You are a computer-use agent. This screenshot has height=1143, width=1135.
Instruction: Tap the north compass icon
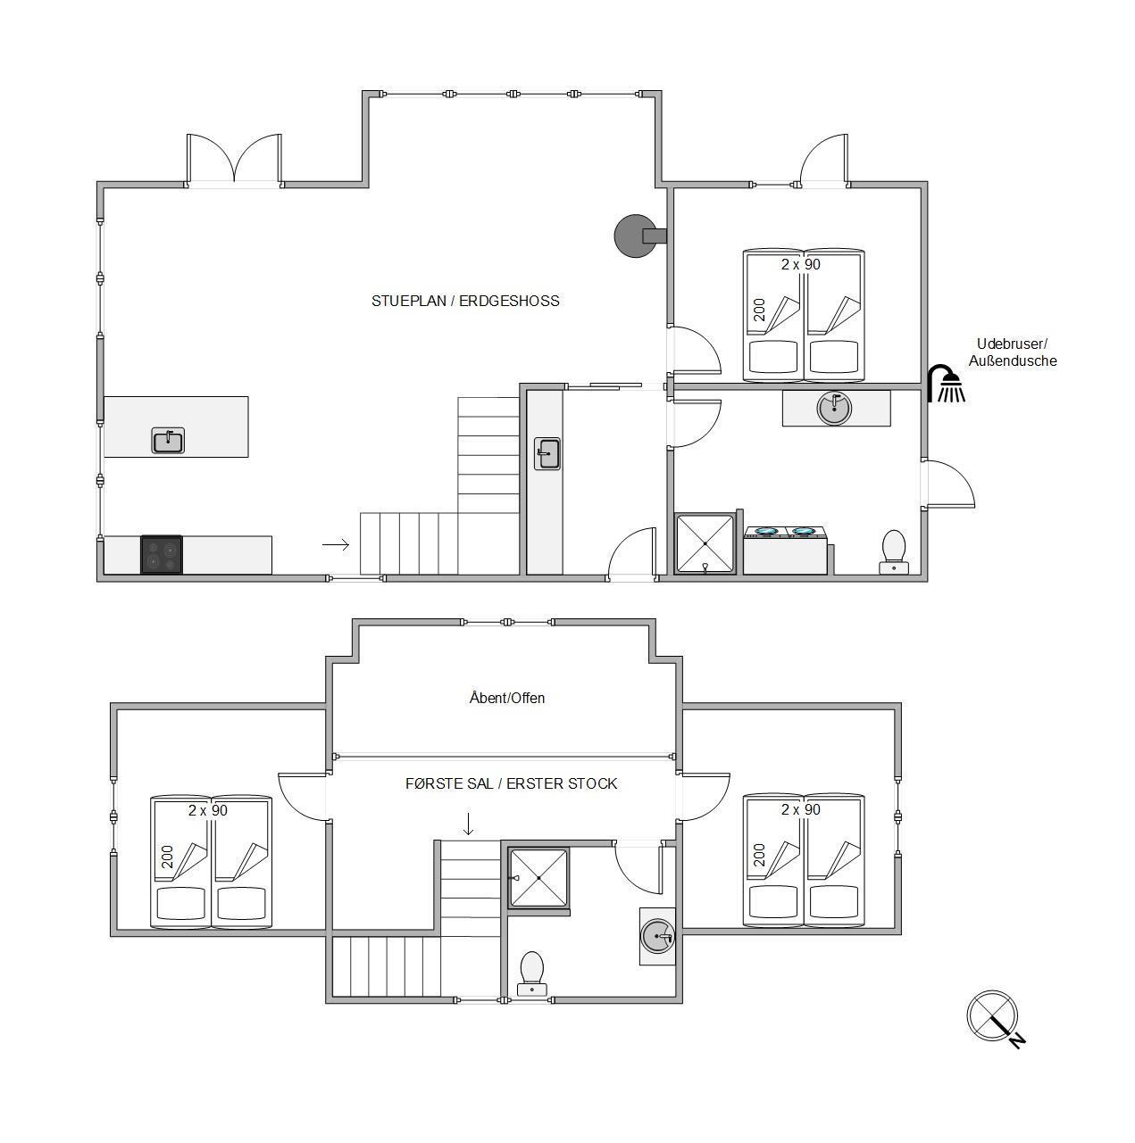pyautogui.click(x=994, y=1018)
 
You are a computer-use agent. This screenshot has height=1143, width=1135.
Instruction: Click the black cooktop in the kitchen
pyautogui.click(x=161, y=555)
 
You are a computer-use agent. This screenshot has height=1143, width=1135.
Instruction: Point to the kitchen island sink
pyautogui.click(x=168, y=441)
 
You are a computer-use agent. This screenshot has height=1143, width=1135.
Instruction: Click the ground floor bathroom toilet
pyautogui.click(x=893, y=552)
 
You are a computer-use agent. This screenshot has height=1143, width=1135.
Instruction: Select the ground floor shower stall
pyautogui.click(x=705, y=543)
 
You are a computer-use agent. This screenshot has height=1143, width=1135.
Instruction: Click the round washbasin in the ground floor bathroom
pyautogui.click(x=834, y=408)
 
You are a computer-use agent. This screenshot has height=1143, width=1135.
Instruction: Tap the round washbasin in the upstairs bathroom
pyautogui.click(x=657, y=937)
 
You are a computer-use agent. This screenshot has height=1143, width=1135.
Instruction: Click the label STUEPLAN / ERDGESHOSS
pyautogui.click(x=465, y=301)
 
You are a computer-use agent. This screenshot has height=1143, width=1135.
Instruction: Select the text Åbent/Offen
pyautogui.click(x=506, y=698)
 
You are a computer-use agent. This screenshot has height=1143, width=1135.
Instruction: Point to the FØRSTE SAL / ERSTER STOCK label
pyautogui.click(x=511, y=783)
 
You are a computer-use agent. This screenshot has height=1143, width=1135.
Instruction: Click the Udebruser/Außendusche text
pyautogui.click(x=1012, y=352)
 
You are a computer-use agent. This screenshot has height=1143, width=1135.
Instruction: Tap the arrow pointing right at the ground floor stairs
pyautogui.click(x=336, y=544)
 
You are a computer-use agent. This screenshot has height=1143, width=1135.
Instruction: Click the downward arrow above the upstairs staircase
pyautogui.click(x=468, y=824)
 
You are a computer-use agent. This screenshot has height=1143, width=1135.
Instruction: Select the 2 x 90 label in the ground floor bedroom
pyautogui.click(x=800, y=264)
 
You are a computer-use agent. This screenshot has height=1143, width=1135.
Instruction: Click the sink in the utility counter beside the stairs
pyautogui.click(x=547, y=454)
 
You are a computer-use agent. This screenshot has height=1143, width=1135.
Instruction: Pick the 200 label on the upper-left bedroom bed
pyautogui.click(x=167, y=857)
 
